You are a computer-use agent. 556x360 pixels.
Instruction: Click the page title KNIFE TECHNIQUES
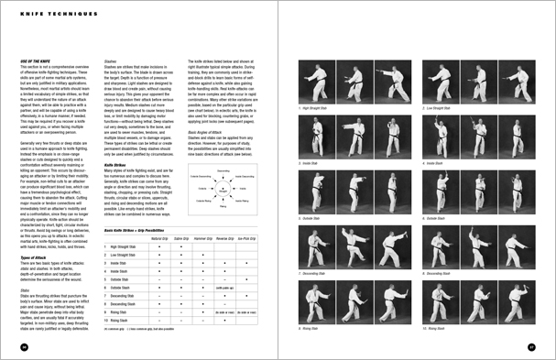pos(46,15)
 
